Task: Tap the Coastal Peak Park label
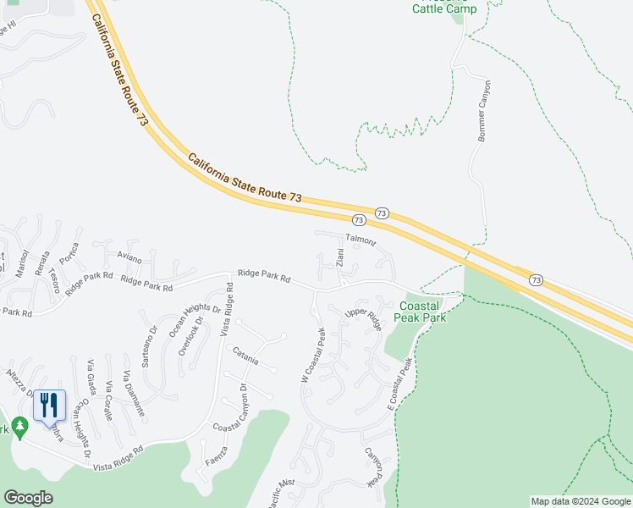pyautogui.click(x=422, y=311)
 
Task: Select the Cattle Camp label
pyautogui.click(x=444, y=8)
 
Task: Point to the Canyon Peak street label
pyautogui.click(x=373, y=467)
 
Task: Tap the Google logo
pyautogui.click(x=28, y=498)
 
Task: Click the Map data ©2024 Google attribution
pyautogui.click(x=580, y=501)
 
